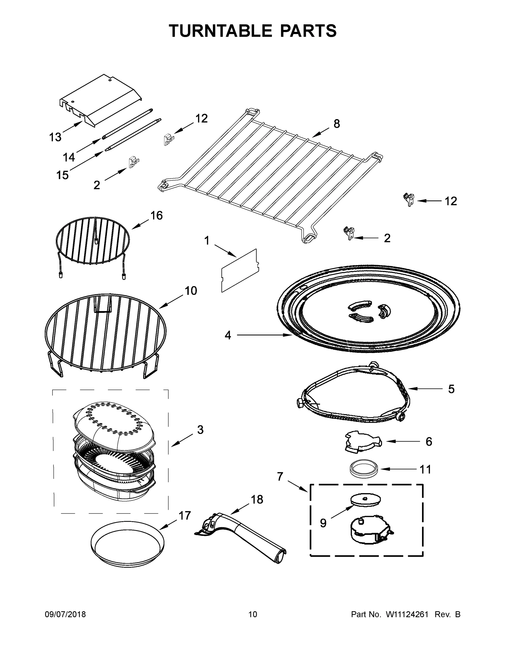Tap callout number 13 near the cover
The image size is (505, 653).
[x=55, y=137]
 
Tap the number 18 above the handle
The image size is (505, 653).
[x=257, y=499]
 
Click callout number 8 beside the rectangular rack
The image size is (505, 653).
[x=336, y=124]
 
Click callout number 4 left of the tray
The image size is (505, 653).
[x=228, y=335]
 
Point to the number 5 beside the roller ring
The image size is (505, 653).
[x=451, y=389]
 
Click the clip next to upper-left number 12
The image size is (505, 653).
[x=169, y=139]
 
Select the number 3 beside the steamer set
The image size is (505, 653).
[x=200, y=430]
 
